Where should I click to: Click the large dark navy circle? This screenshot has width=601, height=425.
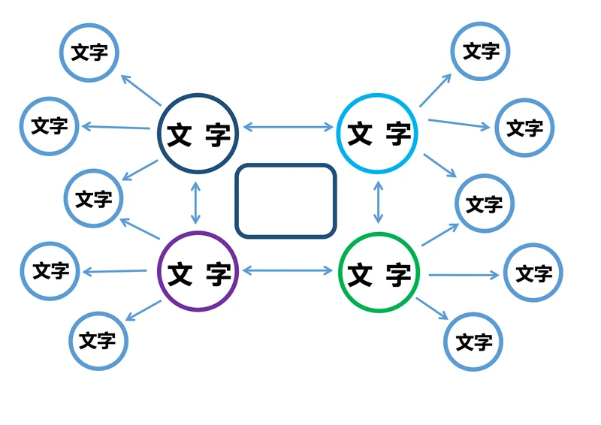(198, 133)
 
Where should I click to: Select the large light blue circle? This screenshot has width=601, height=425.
(377, 133)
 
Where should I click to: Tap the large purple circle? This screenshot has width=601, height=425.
(198, 272)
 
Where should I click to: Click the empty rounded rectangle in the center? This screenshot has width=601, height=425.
(285, 200)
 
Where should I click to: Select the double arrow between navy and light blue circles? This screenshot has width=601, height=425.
(288, 128)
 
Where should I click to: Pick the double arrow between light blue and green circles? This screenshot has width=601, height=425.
(378, 202)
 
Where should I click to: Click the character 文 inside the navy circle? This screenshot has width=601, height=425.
(179, 135)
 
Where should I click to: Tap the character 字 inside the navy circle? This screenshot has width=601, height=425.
(217, 135)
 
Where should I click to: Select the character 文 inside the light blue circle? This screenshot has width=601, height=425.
(359, 134)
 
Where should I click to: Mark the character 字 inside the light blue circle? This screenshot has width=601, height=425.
(397, 134)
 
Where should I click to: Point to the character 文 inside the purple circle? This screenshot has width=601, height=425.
(179, 274)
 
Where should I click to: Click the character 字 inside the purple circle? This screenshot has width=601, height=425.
(218, 274)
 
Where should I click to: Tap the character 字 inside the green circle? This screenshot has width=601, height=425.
(398, 275)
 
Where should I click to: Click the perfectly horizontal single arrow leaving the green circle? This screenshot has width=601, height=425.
(463, 275)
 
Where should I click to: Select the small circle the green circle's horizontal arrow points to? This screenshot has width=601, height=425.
(533, 273)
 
